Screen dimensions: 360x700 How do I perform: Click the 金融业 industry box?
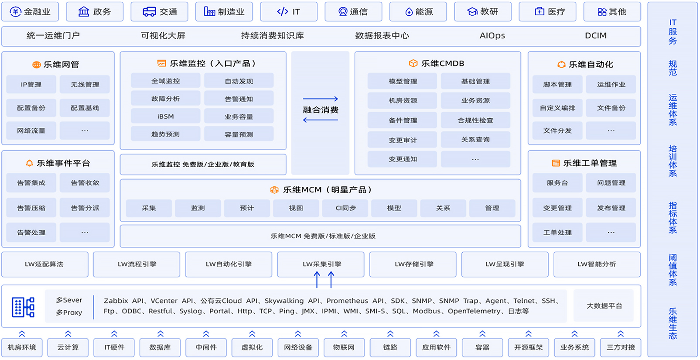pyautogui.click(x=30, y=12)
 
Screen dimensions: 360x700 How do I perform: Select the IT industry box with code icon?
pyautogui.click(x=288, y=12)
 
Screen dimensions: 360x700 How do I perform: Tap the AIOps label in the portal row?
pyautogui.click(x=492, y=36)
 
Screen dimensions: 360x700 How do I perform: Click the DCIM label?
pyautogui.click(x=595, y=36)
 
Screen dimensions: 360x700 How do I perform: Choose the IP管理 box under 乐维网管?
pyautogui.click(x=31, y=85)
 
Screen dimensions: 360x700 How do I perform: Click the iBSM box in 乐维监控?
pyautogui.click(x=165, y=117)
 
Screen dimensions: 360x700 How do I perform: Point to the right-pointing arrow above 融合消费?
pyautogui.click(x=320, y=99)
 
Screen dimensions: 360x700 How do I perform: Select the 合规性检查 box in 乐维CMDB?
pyautogui.click(x=475, y=120)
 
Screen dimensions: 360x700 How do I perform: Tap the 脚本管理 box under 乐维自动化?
pyautogui.click(x=557, y=85)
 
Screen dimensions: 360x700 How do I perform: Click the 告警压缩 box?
pyautogui.click(x=31, y=208)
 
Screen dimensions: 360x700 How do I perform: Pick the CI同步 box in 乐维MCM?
pyautogui.click(x=345, y=208)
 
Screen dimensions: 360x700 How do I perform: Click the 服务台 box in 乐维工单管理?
pyautogui.click(x=557, y=183)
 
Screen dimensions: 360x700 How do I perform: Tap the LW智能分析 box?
pyautogui.click(x=597, y=264)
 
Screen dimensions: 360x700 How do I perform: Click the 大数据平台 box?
pyautogui.click(x=604, y=306)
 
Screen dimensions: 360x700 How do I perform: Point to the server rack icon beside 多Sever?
pyautogui.click(x=23, y=307)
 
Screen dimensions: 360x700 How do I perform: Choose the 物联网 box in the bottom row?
pyautogui.click(x=344, y=347)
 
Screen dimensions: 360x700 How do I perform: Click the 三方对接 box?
pyautogui.click(x=620, y=347)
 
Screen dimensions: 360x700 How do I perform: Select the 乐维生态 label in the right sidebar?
pyautogui.click(x=673, y=323)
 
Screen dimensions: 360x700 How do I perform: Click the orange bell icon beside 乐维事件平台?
pyautogui.click(x=30, y=163)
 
